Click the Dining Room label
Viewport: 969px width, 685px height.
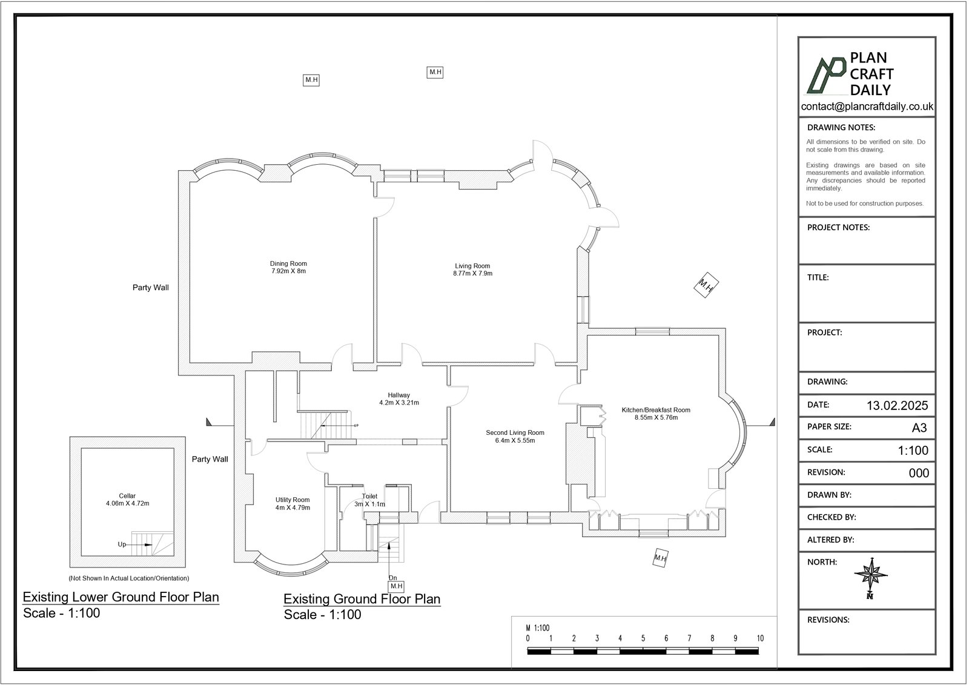(288, 263)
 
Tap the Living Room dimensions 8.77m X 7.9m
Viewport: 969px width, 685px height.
(473, 274)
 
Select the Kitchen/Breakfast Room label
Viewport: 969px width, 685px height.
(656, 410)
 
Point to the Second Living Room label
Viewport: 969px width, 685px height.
(515, 432)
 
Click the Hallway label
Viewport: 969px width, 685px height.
(399, 395)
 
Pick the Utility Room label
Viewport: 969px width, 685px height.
(293, 500)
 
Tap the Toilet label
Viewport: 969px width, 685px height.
(369, 496)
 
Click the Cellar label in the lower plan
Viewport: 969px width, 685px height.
(127, 496)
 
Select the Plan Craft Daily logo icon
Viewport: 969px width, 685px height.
(826, 75)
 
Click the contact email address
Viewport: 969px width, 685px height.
(867, 107)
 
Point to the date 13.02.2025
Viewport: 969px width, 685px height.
(897, 405)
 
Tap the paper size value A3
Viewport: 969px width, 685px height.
(919, 428)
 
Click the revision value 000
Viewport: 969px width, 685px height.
(919, 473)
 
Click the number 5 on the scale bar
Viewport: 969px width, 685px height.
(643, 638)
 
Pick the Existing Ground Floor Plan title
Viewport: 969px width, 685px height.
(362, 599)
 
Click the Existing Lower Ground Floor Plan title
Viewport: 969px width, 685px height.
(121, 597)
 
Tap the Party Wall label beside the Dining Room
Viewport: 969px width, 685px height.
(151, 288)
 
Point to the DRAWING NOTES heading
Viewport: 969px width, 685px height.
(841, 128)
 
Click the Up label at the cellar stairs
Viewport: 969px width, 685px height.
(122, 544)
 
